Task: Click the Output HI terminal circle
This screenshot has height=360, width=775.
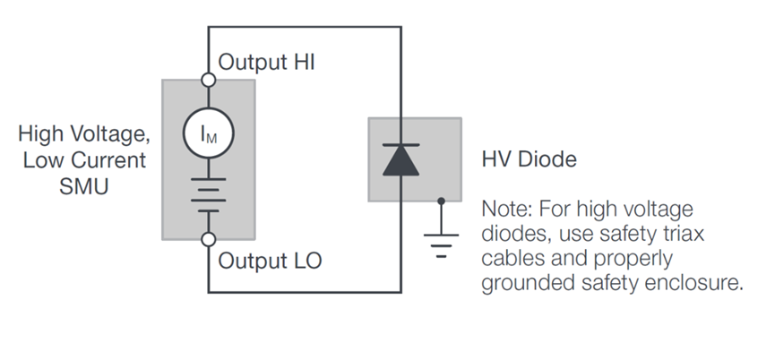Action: coord(209,80)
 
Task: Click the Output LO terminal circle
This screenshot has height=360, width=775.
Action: coord(209,239)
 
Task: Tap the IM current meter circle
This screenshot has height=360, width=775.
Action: coord(208,133)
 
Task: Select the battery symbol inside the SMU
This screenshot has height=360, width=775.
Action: coord(208,198)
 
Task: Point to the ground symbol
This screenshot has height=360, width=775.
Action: coord(440,240)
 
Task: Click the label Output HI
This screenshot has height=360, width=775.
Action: coord(267,63)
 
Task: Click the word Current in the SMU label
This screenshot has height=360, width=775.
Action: coord(113,161)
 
